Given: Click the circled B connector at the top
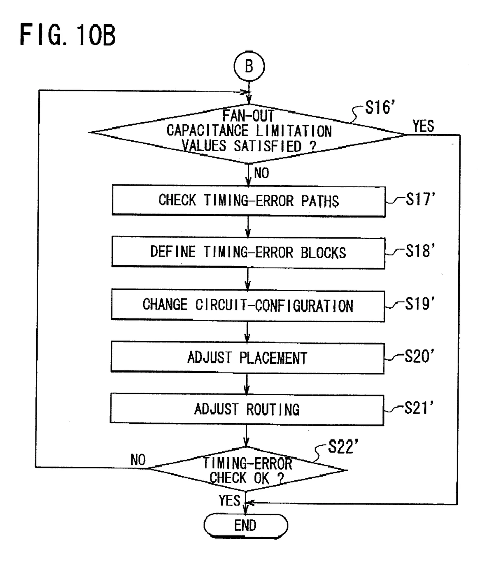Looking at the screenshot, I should [x=249, y=67].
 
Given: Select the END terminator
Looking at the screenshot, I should [x=246, y=525].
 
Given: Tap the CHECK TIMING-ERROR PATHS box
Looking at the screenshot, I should [x=249, y=201].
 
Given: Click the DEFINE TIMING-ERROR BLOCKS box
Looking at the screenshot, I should [x=248, y=252].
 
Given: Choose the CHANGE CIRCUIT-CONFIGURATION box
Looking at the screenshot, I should [x=248, y=305].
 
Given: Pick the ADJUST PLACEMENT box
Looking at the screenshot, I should [x=247, y=358].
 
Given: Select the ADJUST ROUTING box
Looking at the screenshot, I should [x=247, y=410].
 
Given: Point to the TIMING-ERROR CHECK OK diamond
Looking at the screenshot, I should [x=247, y=470].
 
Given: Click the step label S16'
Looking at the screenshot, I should [x=380, y=108].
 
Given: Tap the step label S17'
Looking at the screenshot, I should [x=420, y=200].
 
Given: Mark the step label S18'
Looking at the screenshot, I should [x=420, y=251].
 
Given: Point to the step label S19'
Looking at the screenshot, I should [x=419, y=304].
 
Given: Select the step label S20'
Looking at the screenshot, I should [x=419, y=356].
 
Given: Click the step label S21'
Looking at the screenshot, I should [x=419, y=408].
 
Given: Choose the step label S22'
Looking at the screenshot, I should [x=343, y=447].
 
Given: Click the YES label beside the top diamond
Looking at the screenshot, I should [x=423, y=126].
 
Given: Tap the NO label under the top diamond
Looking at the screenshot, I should [x=261, y=173].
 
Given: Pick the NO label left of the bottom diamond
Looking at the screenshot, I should [x=138, y=460].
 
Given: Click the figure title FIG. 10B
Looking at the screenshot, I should [x=68, y=35].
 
